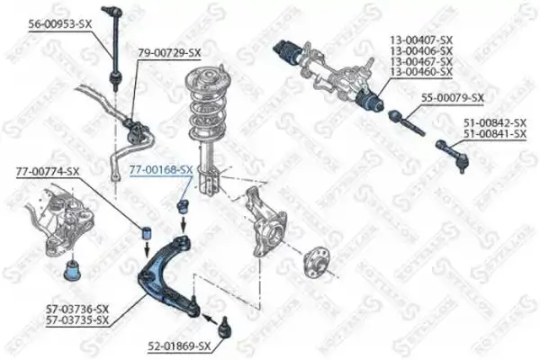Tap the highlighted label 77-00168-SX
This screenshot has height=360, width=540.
[161, 169]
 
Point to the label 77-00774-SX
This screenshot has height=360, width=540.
[48, 171]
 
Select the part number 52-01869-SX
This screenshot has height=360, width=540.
[179, 346]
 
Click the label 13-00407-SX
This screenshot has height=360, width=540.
[421, 39]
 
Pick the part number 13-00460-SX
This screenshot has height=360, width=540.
[421, 71]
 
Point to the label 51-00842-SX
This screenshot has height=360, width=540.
[494, 124]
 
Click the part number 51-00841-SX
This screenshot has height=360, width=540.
[494, 135]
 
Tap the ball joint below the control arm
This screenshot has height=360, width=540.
[220, 323]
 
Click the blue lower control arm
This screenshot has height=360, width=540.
[171, 270]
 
